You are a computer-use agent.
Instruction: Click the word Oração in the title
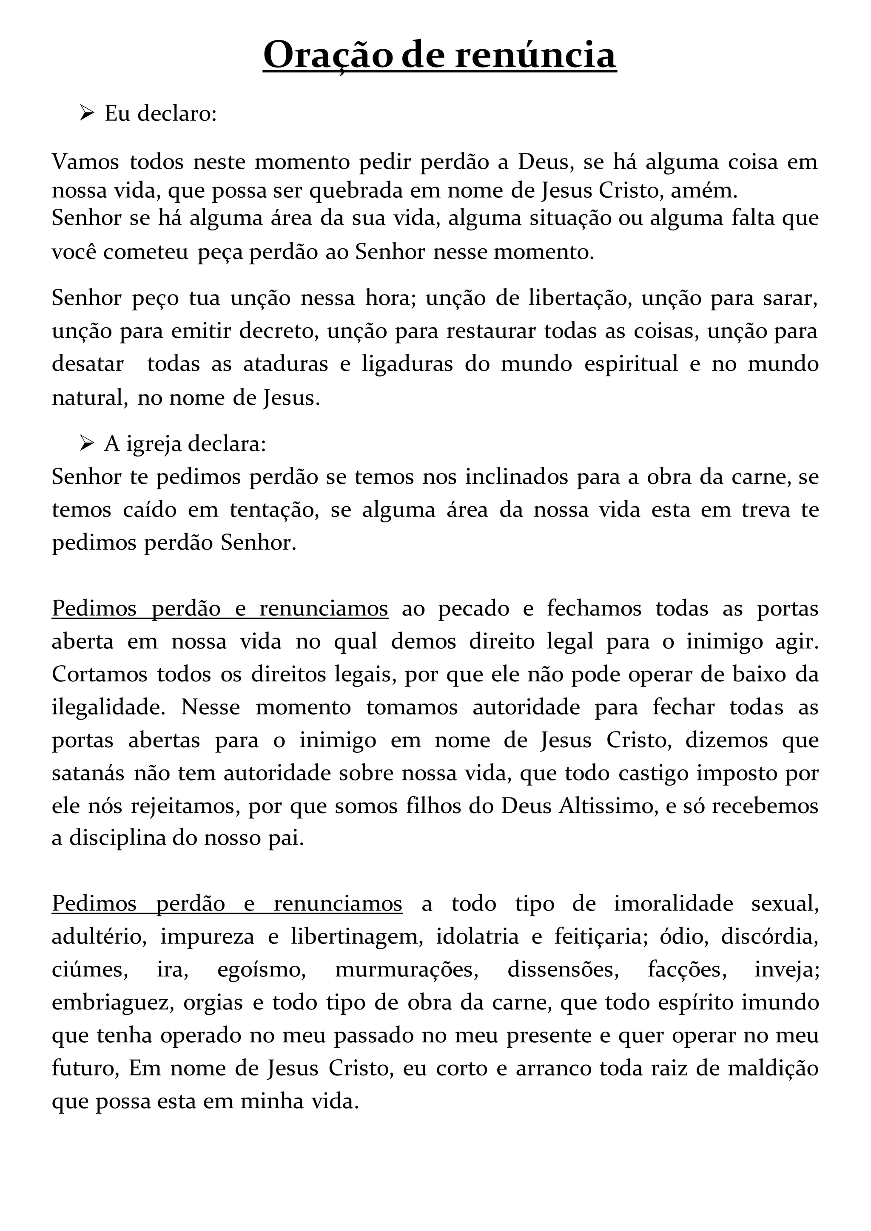(x=328, y=55)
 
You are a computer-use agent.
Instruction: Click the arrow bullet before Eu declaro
(x=86, y=113)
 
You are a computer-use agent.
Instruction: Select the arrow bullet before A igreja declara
(x=86, y=443)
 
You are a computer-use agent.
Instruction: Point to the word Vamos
(x=85, y=162)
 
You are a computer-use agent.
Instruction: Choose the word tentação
(x=274, y=509)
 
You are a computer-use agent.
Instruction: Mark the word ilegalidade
(x=108, y=707)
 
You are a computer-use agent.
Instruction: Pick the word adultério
(x=99, y=937)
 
